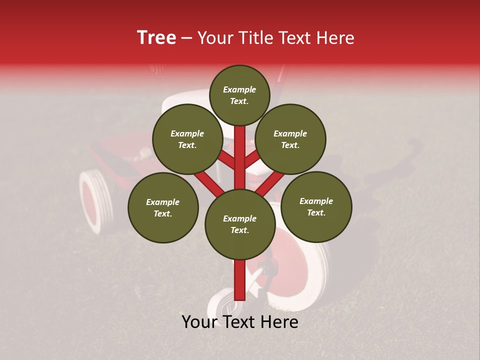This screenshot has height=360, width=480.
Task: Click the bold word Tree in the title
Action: coord(156,38)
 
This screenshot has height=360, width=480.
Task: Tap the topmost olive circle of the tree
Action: coord(239,95)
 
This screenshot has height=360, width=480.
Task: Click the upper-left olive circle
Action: coord(187,139)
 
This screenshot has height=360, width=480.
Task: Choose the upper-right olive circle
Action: coord(290,139)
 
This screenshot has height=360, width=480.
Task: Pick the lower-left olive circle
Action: coord(163,207)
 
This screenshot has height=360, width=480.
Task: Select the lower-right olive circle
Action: coord(316,206)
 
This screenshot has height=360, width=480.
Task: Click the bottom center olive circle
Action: coord(240,224)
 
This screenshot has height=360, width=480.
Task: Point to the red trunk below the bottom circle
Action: coord(240,280)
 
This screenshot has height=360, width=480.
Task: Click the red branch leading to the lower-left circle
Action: coord(208,182)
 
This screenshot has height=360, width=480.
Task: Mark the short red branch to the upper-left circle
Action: coord(226,159)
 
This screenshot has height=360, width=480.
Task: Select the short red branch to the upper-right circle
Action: coord(252,158)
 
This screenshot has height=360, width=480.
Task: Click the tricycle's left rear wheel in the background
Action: coord(95,200)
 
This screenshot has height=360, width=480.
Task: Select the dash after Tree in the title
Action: coord(186,38)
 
